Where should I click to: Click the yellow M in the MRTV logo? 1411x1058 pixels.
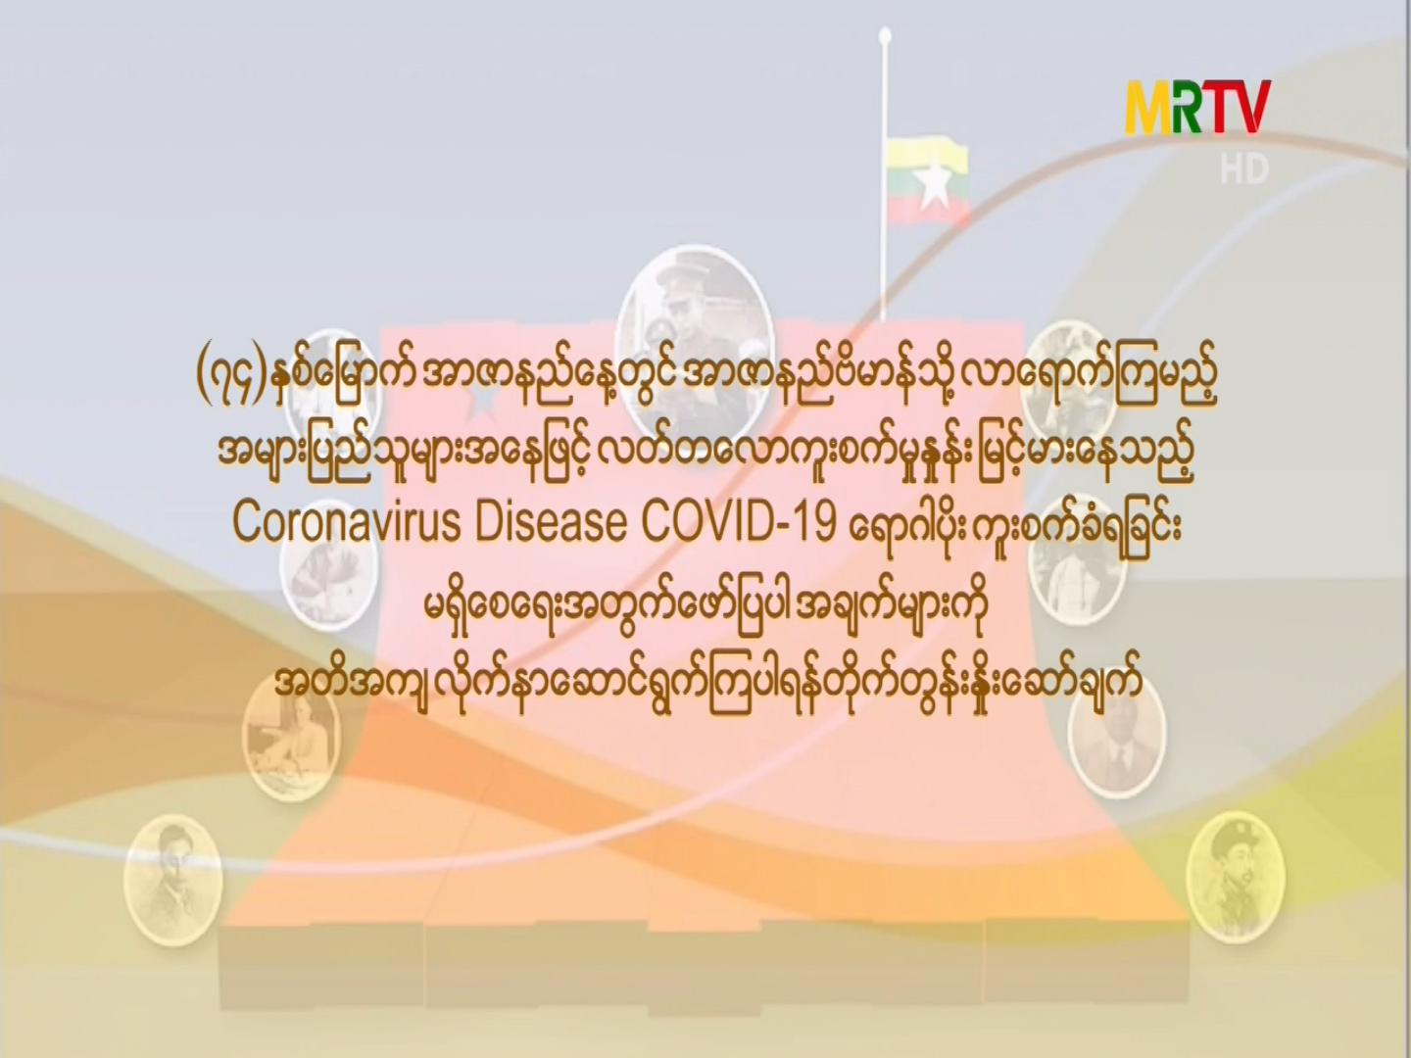point(1156,108)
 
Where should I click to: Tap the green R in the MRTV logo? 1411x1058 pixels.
point(1202,108)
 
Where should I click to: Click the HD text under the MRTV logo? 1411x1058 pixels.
point(1244,168)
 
